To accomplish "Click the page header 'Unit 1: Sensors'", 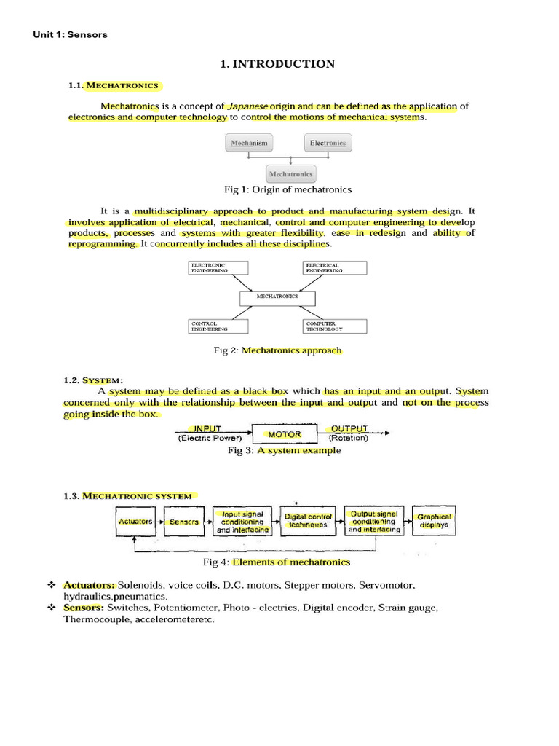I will pyautogui.click(x=71, y=34).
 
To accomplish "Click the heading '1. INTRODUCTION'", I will pyautogui.click(x=277, y=64).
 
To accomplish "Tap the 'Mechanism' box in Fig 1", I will pyautogui.click(x=250, y=144).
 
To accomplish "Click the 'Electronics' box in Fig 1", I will pyautogui.click(x=328, y=144).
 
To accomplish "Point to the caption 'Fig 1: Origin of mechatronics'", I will pyautogui.click(x=288, y=189).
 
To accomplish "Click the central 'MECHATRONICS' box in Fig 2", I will pyautogui.click(x=279, y=297).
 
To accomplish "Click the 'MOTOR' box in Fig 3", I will pyautogui.click(x=285, y=435).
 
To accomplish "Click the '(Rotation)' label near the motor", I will pyautogui.click(x=349, y=439).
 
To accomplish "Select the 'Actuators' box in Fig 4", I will pyautogui.click(x=135, y=522).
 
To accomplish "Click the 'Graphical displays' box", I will pyautogui.click(x=434, y=521).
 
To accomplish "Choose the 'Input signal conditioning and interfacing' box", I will pyautogui.click(x=242, y=522).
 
